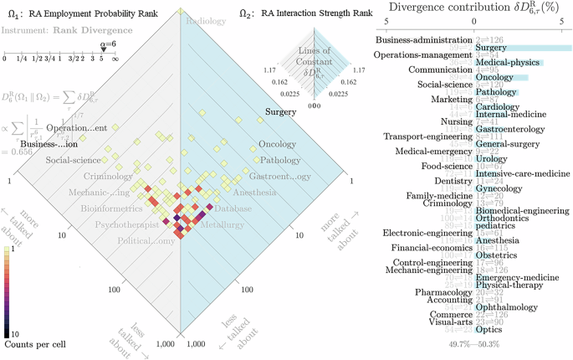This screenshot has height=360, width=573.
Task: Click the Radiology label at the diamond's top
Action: click(206, 21)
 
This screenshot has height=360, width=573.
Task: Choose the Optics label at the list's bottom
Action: click(489, 330)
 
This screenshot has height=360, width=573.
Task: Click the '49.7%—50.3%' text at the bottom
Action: click(473, 344)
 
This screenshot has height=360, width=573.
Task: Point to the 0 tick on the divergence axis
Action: click(474, 20)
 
